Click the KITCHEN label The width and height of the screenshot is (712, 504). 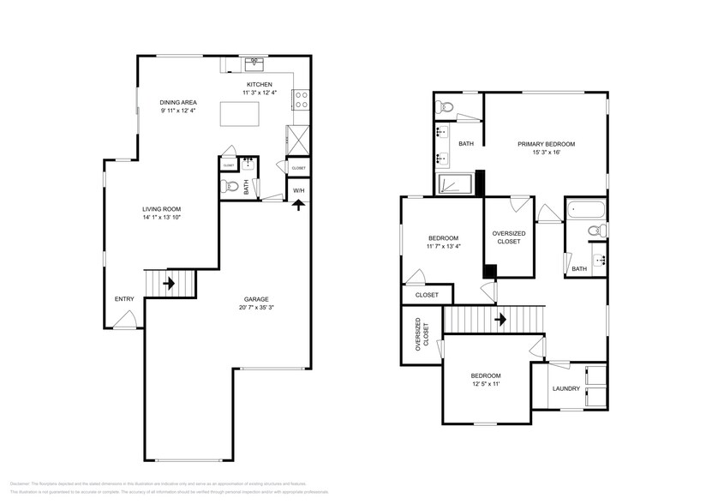(x=259, y=85)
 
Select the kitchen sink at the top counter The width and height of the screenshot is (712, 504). (x=254, y=63)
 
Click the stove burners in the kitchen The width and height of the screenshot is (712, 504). (x=302, y=99)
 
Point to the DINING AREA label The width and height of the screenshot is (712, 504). (x=177, y=103)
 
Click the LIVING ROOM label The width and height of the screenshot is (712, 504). (x=161, y=209)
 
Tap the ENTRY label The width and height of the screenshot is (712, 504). (x=124, y=299)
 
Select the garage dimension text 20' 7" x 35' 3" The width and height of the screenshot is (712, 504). (x=254, y=308)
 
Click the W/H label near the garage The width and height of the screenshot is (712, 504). (x=298, y=190)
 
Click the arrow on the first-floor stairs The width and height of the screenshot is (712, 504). (x=170, y=282)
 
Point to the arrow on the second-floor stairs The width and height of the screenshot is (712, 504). (x=499, y=319)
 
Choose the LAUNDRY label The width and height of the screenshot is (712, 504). (x=565, y=388)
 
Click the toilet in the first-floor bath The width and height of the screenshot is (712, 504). (x=230, y=186)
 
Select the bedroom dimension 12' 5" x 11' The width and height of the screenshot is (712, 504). (x=485, y=385)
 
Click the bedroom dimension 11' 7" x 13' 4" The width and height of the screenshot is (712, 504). (x=444, y=247)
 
